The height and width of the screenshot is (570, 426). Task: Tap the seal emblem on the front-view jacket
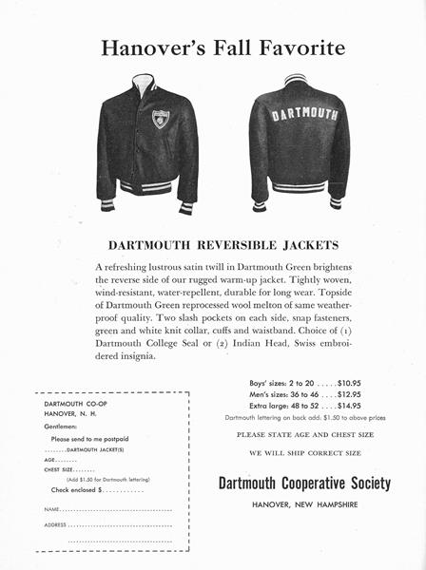[161, 120]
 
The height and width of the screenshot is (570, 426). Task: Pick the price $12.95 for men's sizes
[342, 394]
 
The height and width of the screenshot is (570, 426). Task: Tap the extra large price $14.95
[342, 406]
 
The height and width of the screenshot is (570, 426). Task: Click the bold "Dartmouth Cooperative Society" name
[304, 484]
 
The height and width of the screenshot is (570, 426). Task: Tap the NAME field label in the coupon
[53, 510]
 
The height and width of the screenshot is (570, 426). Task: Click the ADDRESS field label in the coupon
[56, 524]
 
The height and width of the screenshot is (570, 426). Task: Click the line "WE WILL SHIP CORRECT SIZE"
[304, 453]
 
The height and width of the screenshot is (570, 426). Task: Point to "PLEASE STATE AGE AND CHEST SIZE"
[304, 434]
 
